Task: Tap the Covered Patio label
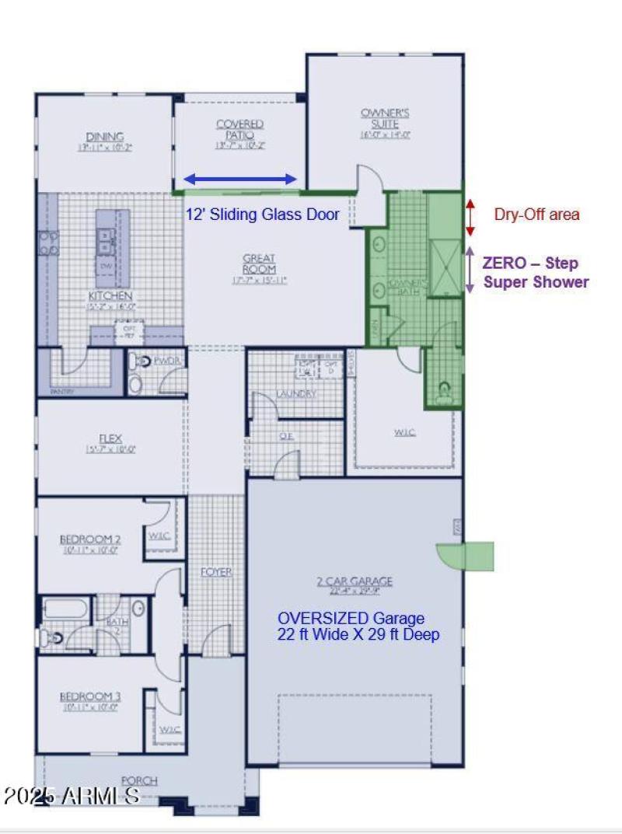(239, 129)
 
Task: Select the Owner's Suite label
(384, 118)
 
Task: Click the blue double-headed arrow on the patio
(240, 180)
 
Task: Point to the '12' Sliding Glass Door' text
(262, 215)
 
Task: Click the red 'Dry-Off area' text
(536, 215)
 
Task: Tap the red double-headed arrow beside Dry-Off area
(470, 217)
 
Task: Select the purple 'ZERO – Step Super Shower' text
(536, 273)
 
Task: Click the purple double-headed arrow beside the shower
(470, 270)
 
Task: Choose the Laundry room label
(295, 394)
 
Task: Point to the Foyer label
(216, 572)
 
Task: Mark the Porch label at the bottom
(140, 780)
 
